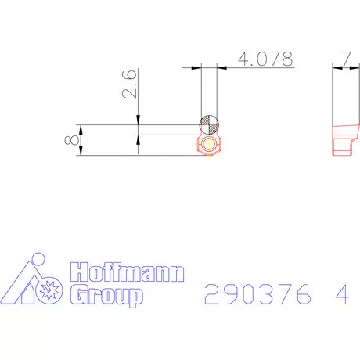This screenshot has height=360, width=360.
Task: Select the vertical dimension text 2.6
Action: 130,82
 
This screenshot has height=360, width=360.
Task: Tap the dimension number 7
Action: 344,59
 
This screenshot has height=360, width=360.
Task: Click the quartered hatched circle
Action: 209,124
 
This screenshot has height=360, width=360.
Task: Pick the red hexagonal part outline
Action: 209,145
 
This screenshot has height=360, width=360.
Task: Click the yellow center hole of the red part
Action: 209,145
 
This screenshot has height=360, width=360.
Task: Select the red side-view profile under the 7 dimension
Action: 344,138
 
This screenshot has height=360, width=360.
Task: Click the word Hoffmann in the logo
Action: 128,273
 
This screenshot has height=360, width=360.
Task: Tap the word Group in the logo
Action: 107,295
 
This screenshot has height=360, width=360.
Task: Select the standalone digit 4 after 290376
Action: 340,294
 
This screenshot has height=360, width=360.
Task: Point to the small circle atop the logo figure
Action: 34,260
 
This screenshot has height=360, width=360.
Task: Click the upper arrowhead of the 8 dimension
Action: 81,128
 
